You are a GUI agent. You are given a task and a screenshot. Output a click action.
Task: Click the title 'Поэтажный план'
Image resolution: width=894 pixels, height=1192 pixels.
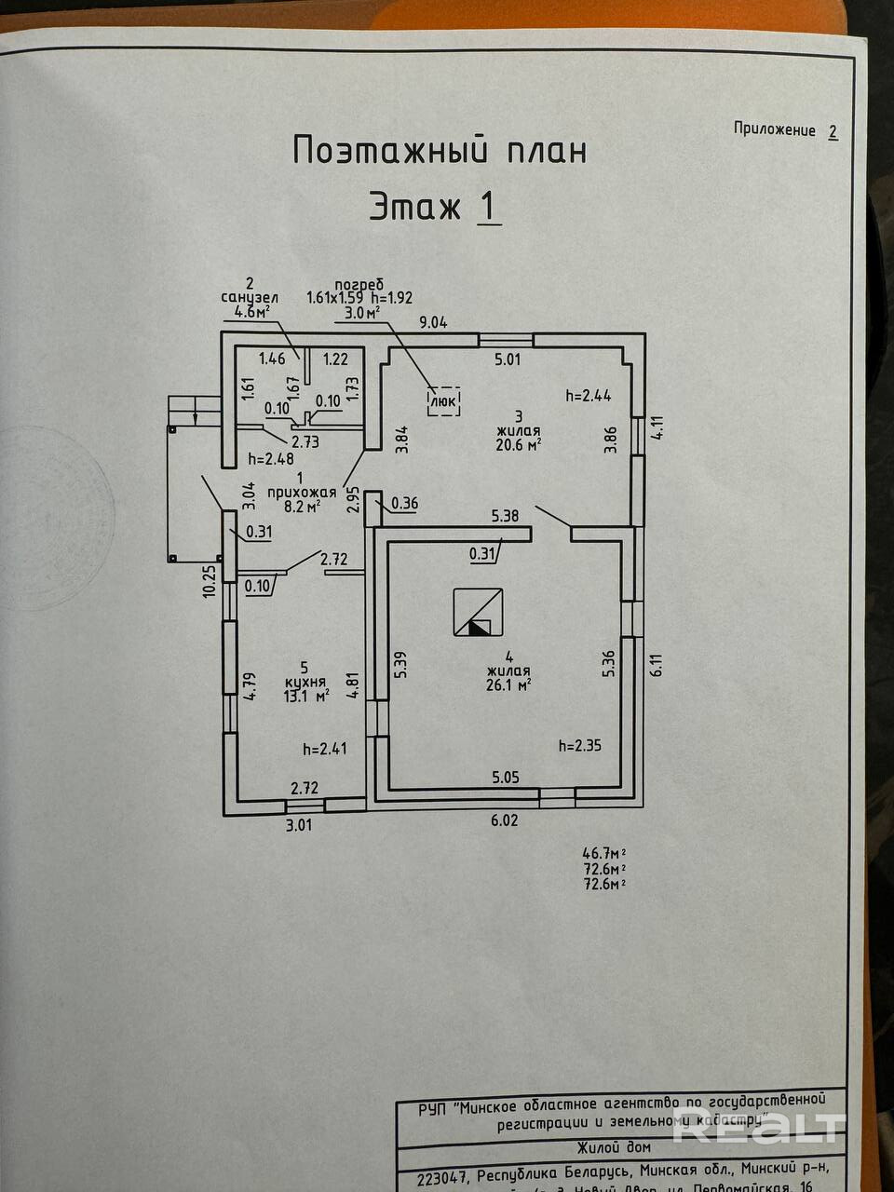[x=440, y=150]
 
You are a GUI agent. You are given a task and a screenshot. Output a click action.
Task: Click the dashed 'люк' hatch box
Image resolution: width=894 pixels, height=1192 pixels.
[x=443, y=400]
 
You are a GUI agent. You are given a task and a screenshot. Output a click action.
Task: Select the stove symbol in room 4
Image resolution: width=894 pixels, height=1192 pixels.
[x=479, y=613]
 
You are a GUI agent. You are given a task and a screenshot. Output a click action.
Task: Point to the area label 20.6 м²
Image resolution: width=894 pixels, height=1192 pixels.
[x=520, y=445]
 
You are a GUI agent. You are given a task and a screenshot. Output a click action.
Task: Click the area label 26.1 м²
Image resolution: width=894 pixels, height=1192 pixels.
[x=508, y=684]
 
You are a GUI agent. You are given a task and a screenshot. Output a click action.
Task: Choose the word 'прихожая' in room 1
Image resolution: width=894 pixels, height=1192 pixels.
[x=301, y=494]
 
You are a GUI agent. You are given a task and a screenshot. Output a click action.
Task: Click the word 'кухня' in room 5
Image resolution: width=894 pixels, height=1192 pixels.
[x=305, y=681]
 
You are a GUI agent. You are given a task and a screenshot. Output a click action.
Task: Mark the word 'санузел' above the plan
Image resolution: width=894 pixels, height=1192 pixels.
[x=249, y=298]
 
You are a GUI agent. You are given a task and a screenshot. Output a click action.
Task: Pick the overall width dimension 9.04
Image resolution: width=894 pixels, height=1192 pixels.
[x=433, y=323]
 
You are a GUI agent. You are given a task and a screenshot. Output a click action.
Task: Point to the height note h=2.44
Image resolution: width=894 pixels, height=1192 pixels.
[x=589, y=395]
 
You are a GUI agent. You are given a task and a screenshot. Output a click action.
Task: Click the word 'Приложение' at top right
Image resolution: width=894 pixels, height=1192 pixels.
[x=775, y=129]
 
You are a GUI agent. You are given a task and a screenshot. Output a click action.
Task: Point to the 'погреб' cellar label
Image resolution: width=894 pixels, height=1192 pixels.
[x=359, y=284]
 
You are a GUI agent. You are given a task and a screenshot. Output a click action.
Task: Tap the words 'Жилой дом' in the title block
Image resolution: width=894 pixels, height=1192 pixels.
[x=614, y=1147]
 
